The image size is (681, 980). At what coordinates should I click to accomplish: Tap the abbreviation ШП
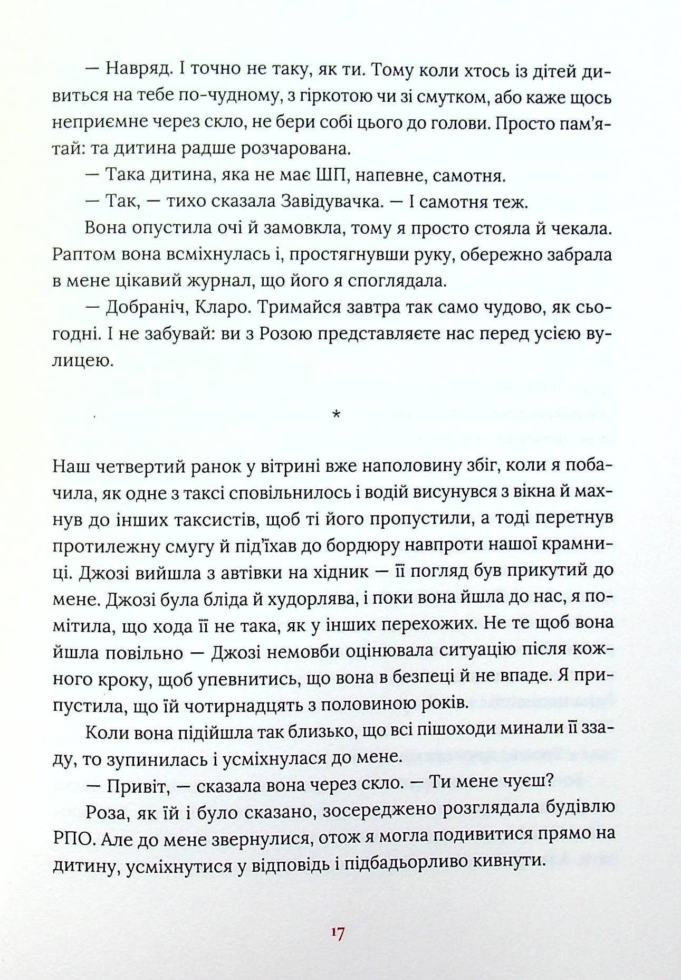330,176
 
